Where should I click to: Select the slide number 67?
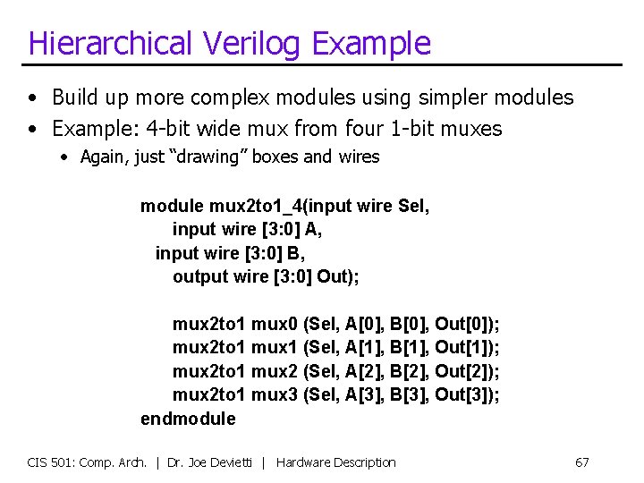581,462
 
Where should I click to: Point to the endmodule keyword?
188,419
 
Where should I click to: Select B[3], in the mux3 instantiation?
410,394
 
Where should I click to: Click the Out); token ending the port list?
338,277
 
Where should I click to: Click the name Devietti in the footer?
235,462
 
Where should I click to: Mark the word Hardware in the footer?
304,462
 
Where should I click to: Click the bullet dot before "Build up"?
32,97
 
